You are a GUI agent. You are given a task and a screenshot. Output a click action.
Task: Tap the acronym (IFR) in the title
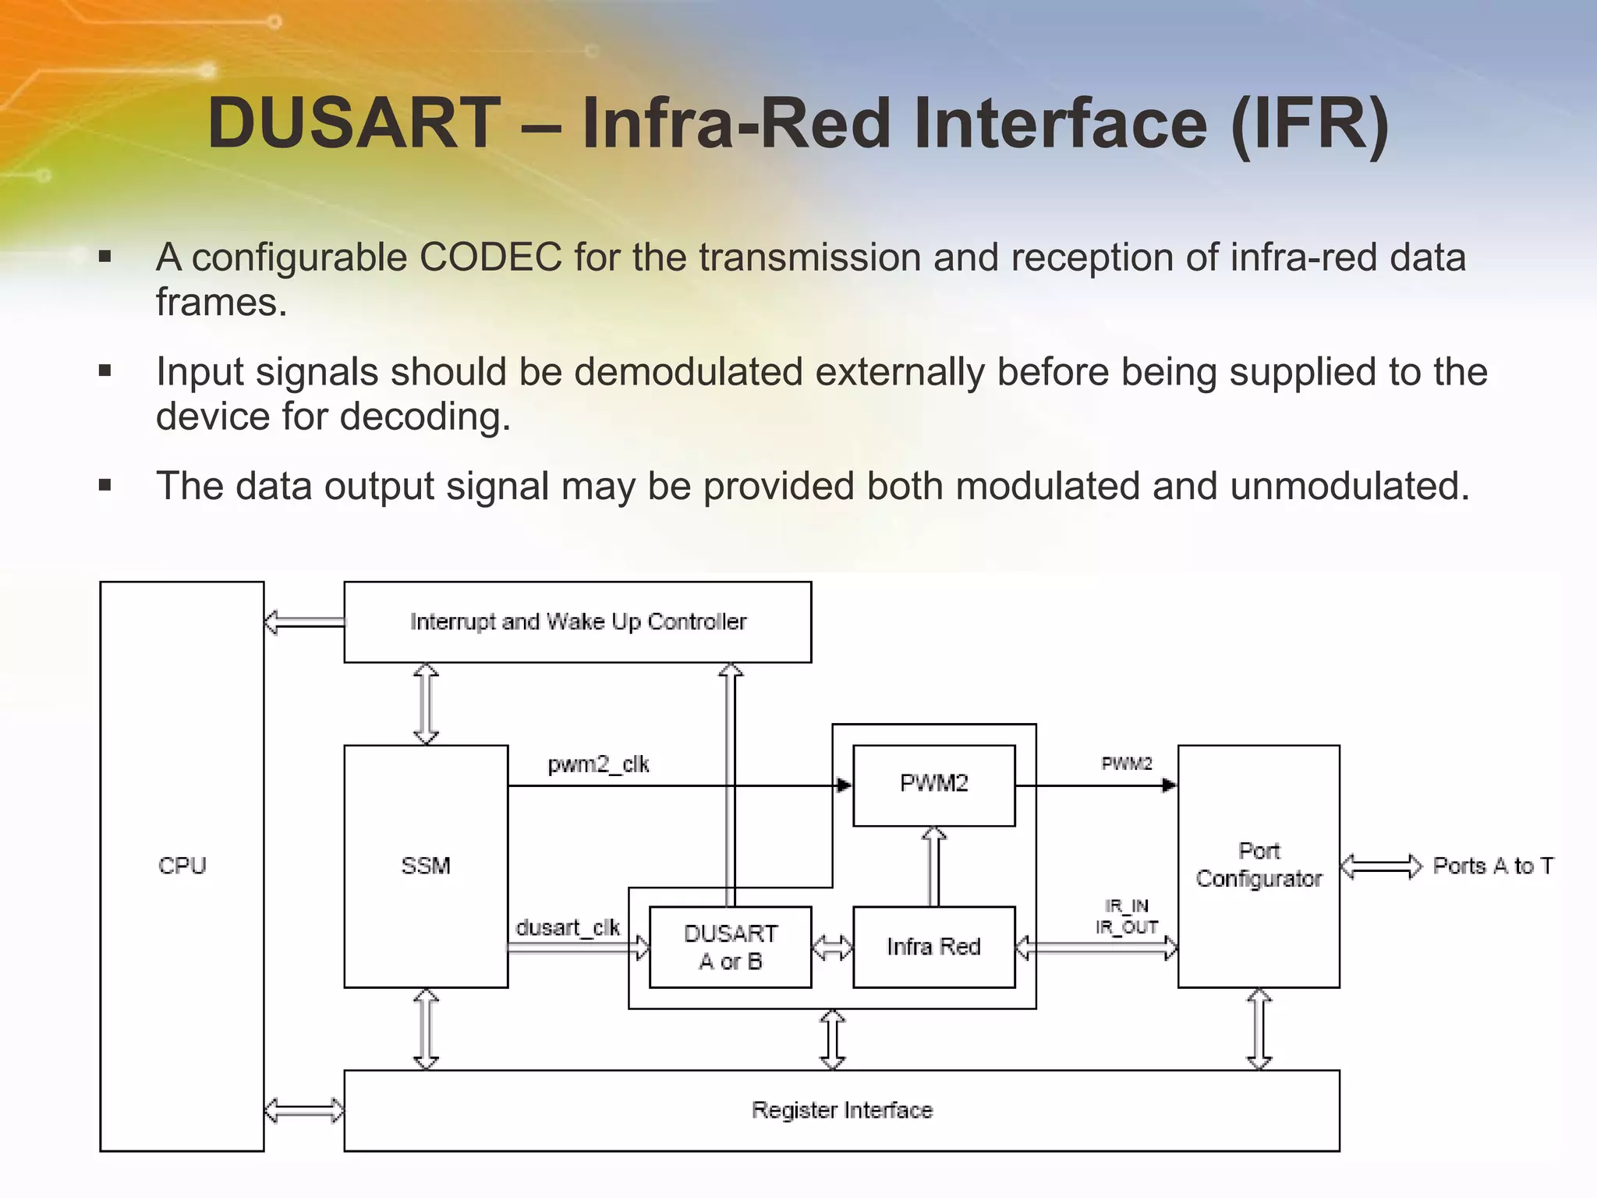(1309, 123)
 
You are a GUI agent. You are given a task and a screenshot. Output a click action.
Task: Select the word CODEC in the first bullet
(490, 257)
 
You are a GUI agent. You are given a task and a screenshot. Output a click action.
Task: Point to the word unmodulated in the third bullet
(1349, 486)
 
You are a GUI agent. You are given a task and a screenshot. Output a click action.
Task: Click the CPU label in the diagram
(182, 866)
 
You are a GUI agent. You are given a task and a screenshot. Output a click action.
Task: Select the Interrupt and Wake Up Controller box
(578, 622)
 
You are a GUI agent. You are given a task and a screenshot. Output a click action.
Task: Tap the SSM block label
(426, 866)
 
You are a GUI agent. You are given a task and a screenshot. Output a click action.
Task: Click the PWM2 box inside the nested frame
(933, 784)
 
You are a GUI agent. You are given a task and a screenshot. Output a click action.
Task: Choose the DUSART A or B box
(731, 947)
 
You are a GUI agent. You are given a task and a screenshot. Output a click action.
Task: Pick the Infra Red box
(933, 947)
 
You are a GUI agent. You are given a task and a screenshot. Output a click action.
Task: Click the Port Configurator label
(1259, 865)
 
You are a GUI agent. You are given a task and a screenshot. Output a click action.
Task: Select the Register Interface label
(841, 1110)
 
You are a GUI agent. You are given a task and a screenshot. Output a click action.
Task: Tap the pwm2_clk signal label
(598, 764)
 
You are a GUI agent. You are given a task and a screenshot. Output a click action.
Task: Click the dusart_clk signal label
(567, 927)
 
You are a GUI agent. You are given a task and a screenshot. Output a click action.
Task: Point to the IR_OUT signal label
(1126, 927)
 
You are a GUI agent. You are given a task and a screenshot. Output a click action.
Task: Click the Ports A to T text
(1493, 866)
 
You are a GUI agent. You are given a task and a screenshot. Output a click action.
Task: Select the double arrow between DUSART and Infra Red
(832, 948)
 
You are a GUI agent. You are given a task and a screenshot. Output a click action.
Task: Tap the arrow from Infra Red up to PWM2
(933, 867)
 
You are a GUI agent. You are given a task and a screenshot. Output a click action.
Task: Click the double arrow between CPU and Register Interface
(304, 1110)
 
